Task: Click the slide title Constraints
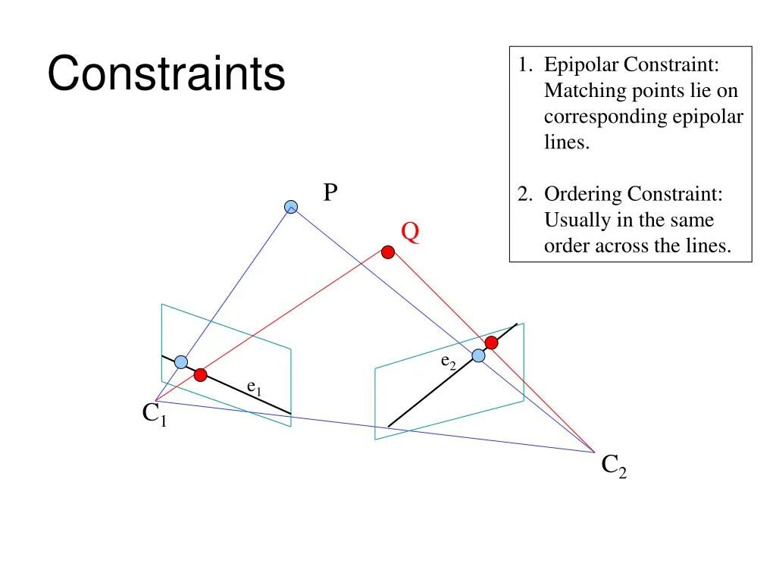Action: tap(166, 75)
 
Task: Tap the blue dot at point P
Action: tap(291, 207)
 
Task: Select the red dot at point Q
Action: tap(388, 252)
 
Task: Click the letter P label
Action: tap(330, 193)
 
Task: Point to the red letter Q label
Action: tap(410, 232)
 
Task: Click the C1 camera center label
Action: tap(154, 415)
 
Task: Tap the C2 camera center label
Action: tap(614, 465)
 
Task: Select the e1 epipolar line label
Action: tap(254, 386)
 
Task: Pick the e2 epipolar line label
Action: tap(449, 361)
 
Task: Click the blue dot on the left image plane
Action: tap(181, 362)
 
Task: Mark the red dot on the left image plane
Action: tap(200, 374)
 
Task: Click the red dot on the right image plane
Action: tap(491, 343)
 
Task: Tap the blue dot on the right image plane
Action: tap(478, 355)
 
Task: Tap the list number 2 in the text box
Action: tap(524, 195)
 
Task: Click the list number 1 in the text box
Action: tap(524, 66)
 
